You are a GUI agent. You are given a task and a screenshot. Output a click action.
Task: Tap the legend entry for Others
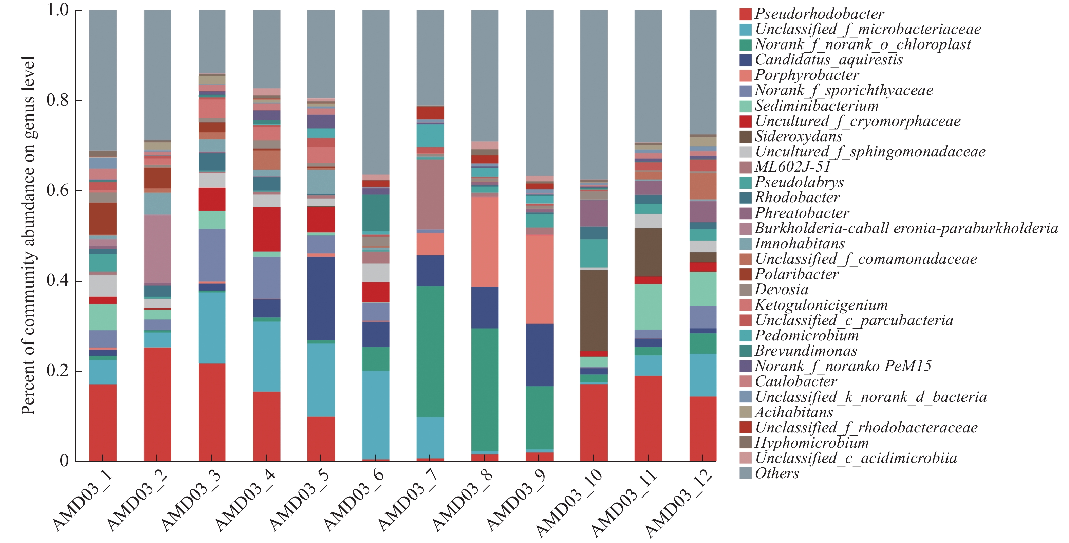coord(776,473)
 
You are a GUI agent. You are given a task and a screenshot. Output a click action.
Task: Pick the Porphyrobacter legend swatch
coord(746,75)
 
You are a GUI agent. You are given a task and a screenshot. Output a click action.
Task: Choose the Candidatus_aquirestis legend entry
coord(828,60)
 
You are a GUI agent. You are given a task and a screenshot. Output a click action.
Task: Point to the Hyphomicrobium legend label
coord(811,443)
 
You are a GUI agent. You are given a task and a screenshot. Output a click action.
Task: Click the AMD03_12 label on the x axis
coord(678,502)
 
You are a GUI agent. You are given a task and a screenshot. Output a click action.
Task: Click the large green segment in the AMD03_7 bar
coord(430,351)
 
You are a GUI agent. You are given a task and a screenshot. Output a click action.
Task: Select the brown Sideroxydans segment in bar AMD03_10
coord(594,310)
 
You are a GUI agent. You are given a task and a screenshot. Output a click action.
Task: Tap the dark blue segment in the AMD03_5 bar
coord(321,298)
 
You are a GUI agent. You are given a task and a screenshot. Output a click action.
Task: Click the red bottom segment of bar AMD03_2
coord(157,404)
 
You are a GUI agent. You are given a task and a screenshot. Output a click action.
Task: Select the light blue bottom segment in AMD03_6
coord(376,414)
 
